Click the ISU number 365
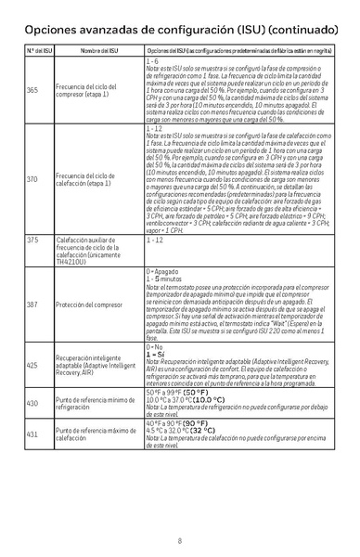(32, 90)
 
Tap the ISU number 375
(32, 240)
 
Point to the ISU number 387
(32, 304)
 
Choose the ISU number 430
(32, 402)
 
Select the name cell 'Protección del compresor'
(90, 304)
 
